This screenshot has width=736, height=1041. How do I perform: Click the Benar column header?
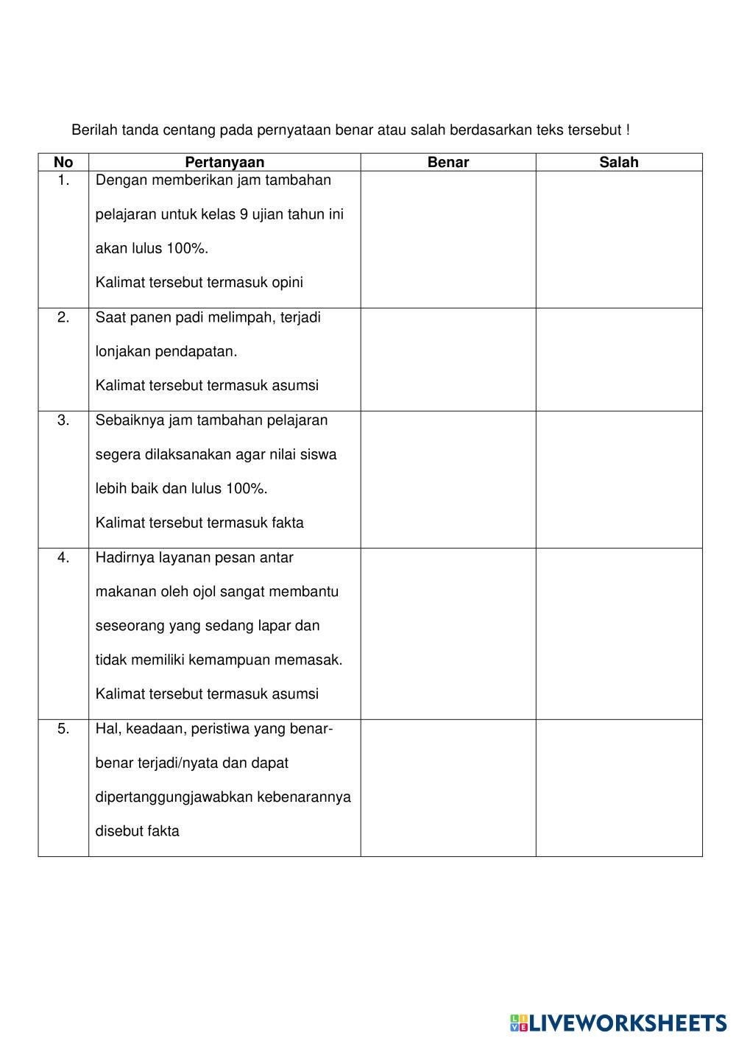pyautogui.click(x=447, y=163)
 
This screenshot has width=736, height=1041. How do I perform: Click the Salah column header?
pyautogui.click(x=618, y=163)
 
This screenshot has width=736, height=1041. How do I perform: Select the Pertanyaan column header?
pyautogui.click(x=224, y=163)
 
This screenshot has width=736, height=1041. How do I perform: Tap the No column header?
pyautogui.click(x=63, y=163)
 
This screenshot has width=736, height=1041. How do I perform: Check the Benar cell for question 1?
pyautogui.click(x=447, y=239)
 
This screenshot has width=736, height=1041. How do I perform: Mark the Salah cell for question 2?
pyautogui.click(x=618, y=359)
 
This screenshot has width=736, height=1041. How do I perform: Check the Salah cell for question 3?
pyautogui.click(x=618, y=479)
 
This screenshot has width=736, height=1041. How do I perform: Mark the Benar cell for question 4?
pyautogui.click(x=447, y=633)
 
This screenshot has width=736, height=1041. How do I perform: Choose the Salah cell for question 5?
pyautogui.click(x=618, y=788)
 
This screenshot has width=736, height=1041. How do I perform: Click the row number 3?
pyautogui.click(x=63, y=420)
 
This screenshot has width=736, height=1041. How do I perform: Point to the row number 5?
pyautogui.click(x=63, y=729)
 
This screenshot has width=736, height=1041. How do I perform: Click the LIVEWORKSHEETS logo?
pyautogui.click(x=618, y=1023)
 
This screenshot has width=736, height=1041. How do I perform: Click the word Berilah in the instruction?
pyautogui.click(x=94, y=130)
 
